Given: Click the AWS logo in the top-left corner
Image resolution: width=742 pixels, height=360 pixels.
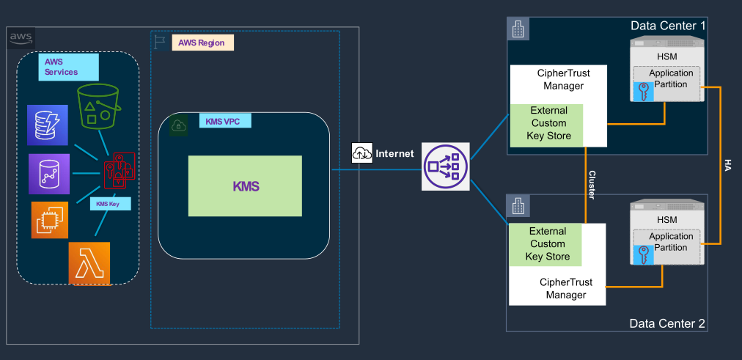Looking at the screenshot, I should pyautogui.click(x=21, y=38).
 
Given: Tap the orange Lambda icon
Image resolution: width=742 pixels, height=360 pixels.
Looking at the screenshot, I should pyautogui.click(x=89, y=263).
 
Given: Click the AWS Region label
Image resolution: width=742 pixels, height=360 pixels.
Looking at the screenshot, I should pyautogui.click(x=202, y=43).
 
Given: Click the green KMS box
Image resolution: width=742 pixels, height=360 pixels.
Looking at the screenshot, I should pyautogui.click(x=245, y=186).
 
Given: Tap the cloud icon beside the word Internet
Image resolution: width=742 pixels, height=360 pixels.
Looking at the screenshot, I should pyautogui.click(x=362, y=153).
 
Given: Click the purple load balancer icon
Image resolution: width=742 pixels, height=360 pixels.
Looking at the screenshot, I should pyautogui.click(x=446, y=166).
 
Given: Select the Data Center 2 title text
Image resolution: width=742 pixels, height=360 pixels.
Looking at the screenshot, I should pyautogui.click(x=667, y=323).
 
